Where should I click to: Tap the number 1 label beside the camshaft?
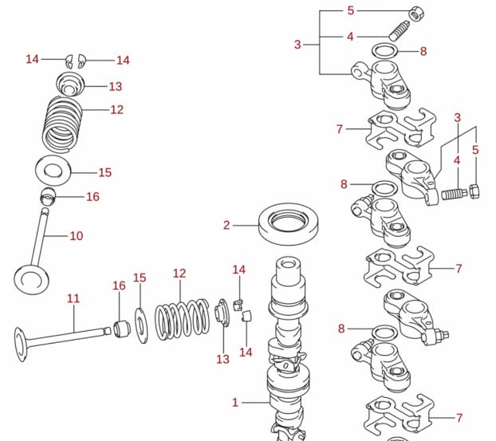click(x=235, y=403)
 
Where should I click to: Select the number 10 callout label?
click(x=77, y=236)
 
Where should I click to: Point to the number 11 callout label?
click(x=73, y=299)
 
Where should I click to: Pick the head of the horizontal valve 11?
click(x=22, y=340)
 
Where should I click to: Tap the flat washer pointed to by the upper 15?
click(x=53, y=171)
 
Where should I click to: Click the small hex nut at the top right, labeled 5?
click(x=415, y=14)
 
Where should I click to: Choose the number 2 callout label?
click(x=226, y=226)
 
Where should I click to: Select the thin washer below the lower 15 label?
click(x=140, y=321)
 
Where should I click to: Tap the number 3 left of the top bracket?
click(x=297, y=45)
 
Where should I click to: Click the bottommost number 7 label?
click(x=459, y=417)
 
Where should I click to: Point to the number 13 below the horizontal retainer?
click(x=222, y=360)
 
